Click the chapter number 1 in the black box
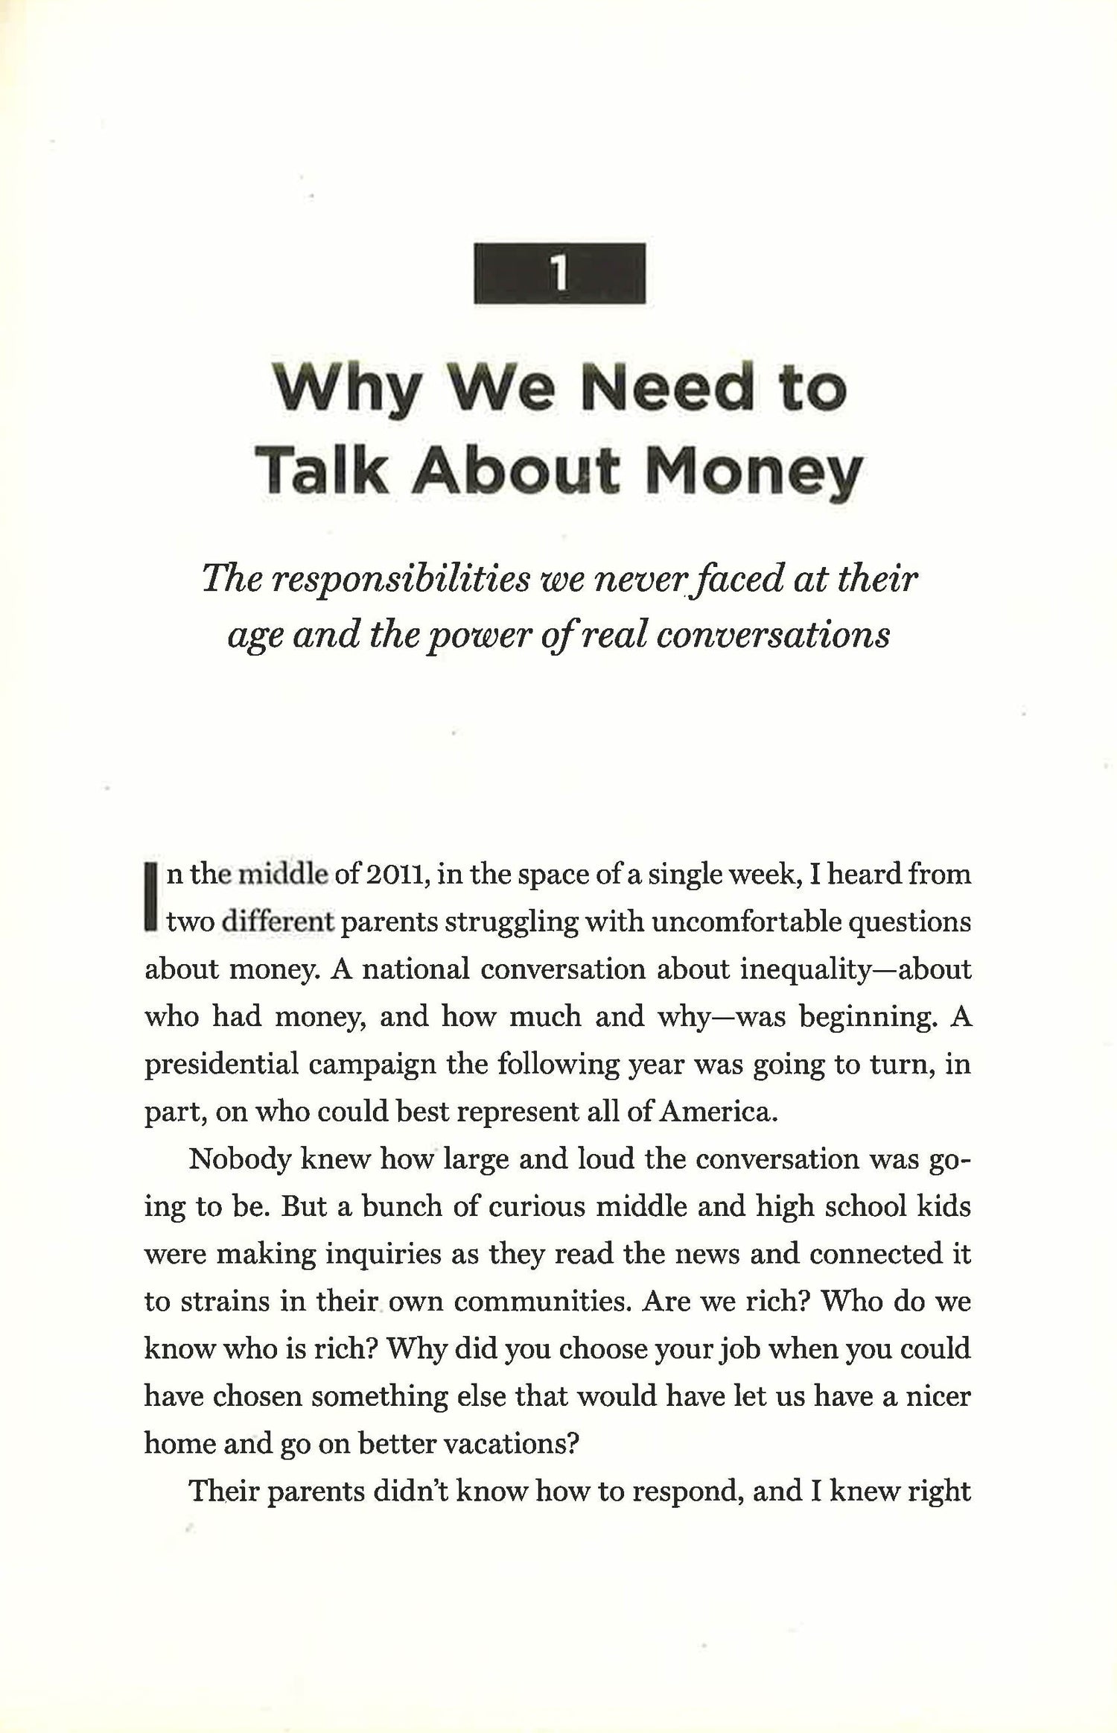click(559, 273)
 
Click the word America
click(719, 1112)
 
